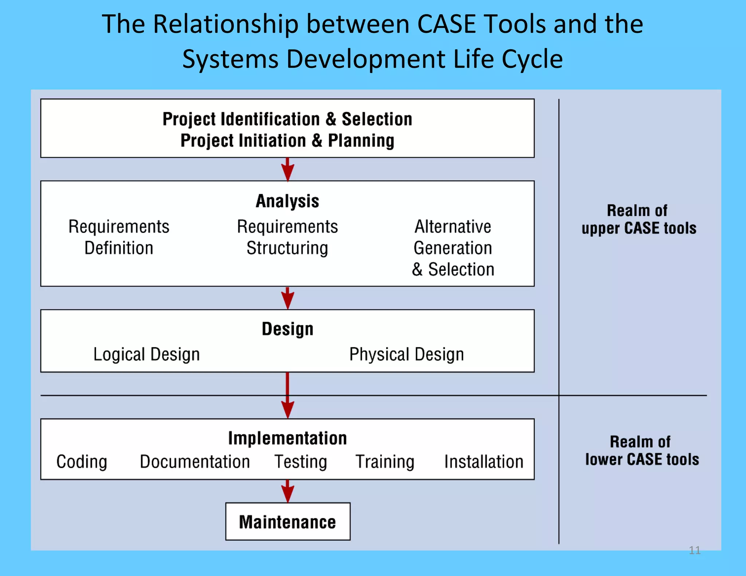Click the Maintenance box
point(287,521)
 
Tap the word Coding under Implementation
point(82,462)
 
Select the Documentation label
point(195,462)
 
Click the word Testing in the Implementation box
point(301,462)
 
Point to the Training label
point(385,462)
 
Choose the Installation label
point(484,462)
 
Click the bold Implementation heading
point(287,438)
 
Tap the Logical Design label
point(146,354)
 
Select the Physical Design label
point(407,354)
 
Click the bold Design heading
point(287,329)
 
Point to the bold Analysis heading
point(287,201)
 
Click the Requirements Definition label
point(119,237)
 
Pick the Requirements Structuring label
point(287,237)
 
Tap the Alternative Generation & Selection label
point(453,248)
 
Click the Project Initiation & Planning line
point(287,141)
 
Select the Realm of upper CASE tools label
point(638,220)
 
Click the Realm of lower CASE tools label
point(642,451)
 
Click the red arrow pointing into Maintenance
point(287,492)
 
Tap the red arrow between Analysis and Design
point(287,298)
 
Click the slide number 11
point(694,550)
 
